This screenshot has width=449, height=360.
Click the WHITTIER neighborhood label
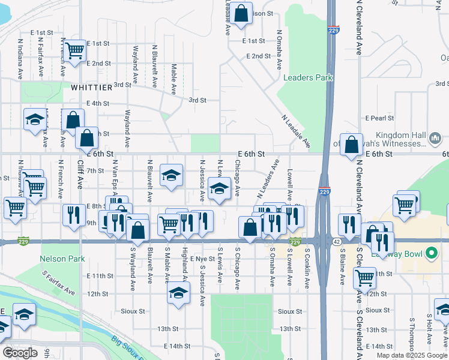[91, 88]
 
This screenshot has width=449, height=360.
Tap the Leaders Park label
[308, 78]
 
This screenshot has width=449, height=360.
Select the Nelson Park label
[62, 259]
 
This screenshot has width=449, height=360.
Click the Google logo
[20, 353]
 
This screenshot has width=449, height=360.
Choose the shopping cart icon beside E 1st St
[75, 52]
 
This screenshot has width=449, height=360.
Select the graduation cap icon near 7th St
[172, 175]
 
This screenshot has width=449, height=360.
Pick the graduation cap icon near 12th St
[178, 293]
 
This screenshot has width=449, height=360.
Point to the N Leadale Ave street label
[296, 130]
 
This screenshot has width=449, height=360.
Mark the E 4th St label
[98, 103]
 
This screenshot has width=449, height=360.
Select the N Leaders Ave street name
[268, 179]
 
